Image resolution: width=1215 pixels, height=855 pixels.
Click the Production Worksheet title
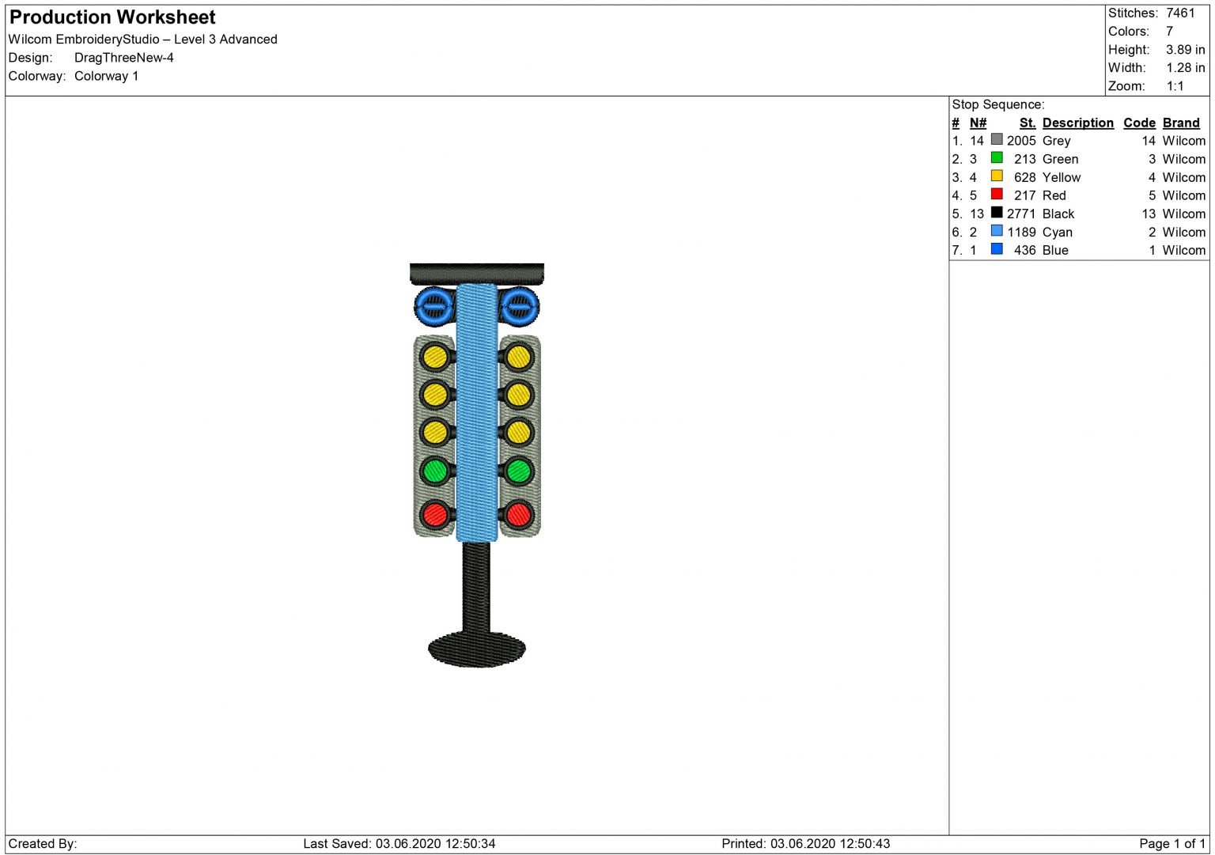pyautogui.click(x=112, y=17)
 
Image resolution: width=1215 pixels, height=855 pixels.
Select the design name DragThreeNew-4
pyautogui.click(x=123, y=58)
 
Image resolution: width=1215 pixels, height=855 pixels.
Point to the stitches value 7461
pyautogui.click(x=1180, y=13)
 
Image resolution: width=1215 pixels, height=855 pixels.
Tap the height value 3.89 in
pyautogui.click(x=1185, y=49)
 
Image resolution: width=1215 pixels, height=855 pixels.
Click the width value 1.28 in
pyautogui.click(x=1185, y=68)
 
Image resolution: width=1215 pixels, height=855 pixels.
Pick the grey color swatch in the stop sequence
pyautogui.click(x=997, y=139)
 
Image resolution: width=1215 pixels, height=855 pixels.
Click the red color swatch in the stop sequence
pyautogui.click(x=997, y=194)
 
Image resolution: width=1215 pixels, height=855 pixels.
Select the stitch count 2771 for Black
pyautogui.click(x=1021, y=214)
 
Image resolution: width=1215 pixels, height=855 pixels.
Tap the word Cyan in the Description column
pyautogui.click(x=1057, y=233)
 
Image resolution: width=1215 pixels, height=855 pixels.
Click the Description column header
pyautogui.click(x=1078, y=123)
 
